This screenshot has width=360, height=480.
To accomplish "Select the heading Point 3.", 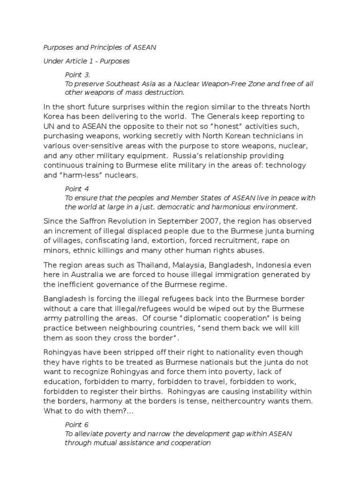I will tap(77, 75).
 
